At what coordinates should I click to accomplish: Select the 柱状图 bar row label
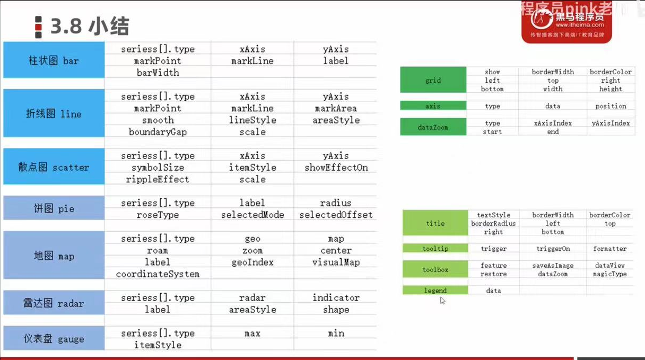[54, 60]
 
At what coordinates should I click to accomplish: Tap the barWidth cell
[158, 73]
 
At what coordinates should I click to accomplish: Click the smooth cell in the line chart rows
[158, 120]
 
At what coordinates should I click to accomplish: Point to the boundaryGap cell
[158, 132]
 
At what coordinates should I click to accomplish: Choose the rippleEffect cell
[158, 179]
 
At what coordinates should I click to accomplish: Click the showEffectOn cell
[336, 168]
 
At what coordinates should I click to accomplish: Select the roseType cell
[158, 215]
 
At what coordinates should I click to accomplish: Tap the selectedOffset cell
[336, 215]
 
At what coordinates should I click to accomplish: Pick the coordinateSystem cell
[158, 274]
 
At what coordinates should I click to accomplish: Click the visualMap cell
[336, 262]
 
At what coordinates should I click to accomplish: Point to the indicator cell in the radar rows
[336, 298]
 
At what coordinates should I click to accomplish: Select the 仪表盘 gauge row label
[54, 339]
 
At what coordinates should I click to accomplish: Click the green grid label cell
[433, 80]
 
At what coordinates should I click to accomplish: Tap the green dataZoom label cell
[433, 127]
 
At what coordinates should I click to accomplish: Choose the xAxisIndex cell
[553, 123]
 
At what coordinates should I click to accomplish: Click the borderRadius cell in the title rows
[493, 223]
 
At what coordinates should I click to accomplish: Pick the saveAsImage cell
[553, 266]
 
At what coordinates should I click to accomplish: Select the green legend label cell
[435, 291]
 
